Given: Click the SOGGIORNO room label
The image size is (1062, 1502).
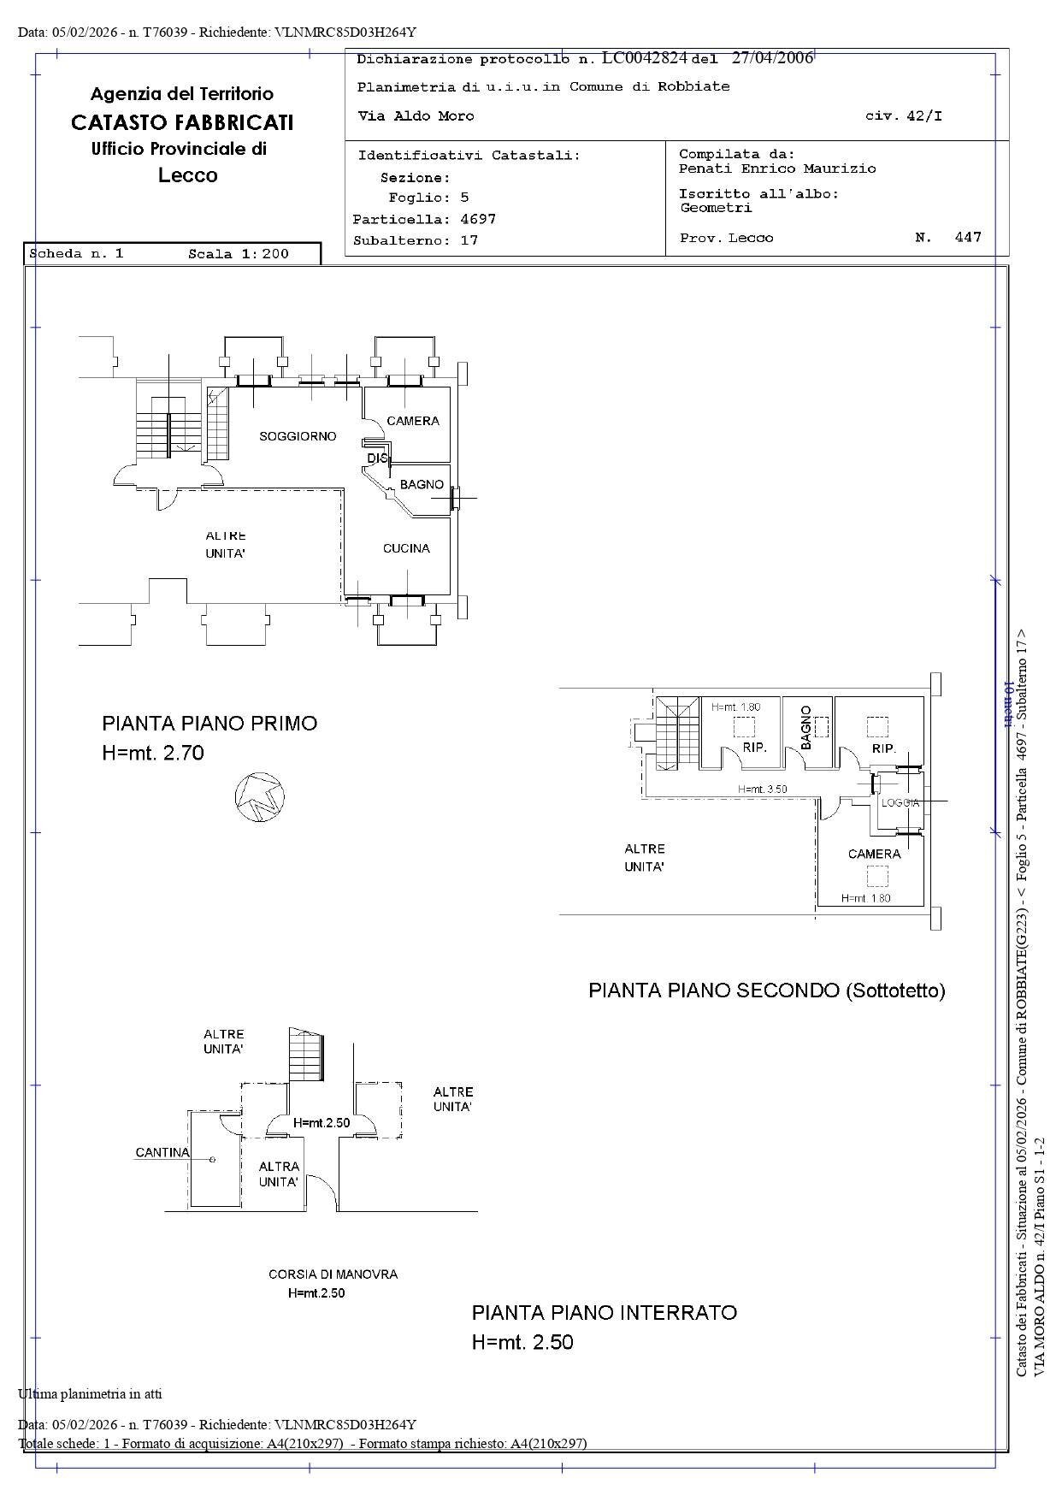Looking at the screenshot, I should click(x=298, y=436).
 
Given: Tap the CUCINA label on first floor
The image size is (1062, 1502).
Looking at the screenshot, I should click(x=406, y=548).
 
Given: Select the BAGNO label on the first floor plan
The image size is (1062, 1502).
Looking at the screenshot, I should click(x=422, y=484).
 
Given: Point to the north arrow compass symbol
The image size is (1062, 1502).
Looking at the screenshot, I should click(x=259, y=797).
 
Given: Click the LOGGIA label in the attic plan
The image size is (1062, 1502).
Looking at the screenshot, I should click(x=900, y=803).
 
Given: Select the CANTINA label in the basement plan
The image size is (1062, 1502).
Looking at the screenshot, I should click(x=162, y=1152).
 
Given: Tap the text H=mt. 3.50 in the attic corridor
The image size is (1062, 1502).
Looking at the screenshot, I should click(x=762, y=789).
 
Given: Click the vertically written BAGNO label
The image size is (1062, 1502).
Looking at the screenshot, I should click(x=805, y=727).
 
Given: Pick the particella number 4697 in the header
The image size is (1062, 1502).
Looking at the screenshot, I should click(x=478, y=219).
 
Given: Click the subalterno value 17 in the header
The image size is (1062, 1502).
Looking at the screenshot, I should click(x=469, y=240).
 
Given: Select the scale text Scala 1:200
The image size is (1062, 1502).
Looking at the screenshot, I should click(x=239, y=254).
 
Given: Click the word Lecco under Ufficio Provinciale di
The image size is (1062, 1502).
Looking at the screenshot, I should click(x=188, y=175).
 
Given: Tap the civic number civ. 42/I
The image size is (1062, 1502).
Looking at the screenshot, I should click(x=904, y=116).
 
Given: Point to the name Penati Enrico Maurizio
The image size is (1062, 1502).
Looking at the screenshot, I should click(x=777, y=169).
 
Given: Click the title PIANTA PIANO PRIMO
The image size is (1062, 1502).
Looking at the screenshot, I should click(x=209, y=723).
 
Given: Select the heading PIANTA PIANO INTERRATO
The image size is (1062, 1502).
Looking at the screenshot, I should click(x=604, y=1312).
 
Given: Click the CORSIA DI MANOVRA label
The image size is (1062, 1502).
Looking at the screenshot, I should click(x=333, y=1274).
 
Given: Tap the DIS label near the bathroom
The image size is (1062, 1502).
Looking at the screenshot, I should click(x=377, y=458).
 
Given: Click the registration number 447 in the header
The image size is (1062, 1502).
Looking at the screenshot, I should click(x=968, y=237).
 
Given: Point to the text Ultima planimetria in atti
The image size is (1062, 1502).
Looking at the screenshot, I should click(x=90, y=1393).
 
